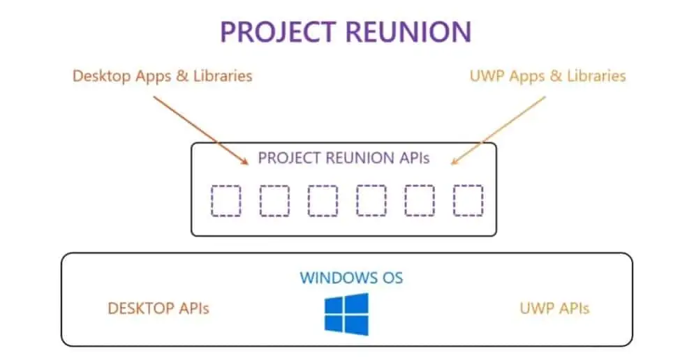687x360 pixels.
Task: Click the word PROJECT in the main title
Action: pos(277,32)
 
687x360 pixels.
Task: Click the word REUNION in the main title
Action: pos(406,32)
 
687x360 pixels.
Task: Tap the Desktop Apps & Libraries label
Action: pos(162,75)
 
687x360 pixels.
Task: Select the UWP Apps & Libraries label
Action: pos(548,75)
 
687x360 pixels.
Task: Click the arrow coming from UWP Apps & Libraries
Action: pos(498,130)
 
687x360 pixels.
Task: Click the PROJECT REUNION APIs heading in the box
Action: pos(343,158)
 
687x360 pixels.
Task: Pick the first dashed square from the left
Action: pos(226,201)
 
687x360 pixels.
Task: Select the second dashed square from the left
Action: pos(274,201)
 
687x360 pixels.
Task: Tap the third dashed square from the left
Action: pos(323,201)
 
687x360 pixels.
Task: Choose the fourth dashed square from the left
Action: pos(371,201)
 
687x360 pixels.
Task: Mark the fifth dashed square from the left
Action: pos(420,201)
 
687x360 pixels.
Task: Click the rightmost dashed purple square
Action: pos(468,201)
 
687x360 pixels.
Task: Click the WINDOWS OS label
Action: pos(351,278)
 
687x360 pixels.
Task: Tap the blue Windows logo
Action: pos(346,313)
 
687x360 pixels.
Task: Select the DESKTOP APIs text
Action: pos(158,308)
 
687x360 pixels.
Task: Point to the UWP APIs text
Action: pos(554,308)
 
